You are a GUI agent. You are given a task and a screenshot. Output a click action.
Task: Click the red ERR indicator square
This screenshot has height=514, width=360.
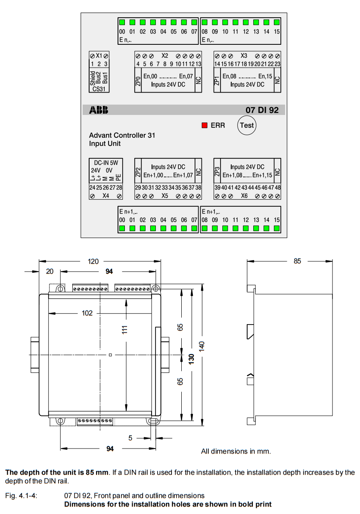(x=205, y=125)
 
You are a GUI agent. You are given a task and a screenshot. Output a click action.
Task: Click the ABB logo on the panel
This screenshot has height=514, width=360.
(x=99, y=110)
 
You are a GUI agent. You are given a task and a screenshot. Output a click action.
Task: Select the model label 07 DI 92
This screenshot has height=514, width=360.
(x=262, y=110)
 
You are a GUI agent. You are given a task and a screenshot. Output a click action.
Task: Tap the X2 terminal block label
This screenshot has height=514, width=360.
(x=164, y=56)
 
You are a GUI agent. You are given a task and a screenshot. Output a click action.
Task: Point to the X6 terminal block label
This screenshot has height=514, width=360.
(x=244, y=196)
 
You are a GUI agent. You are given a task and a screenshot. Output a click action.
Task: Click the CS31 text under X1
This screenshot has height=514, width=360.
(x=99, y=89)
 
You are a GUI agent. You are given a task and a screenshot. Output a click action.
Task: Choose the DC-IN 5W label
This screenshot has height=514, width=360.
(x=106, y=163)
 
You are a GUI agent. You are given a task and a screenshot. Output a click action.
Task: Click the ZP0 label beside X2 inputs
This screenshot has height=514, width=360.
(x=138, y=81)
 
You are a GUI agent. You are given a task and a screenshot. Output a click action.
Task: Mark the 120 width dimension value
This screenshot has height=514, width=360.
(x=93, y=261)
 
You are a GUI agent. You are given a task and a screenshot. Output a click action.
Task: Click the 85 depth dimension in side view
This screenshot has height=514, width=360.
(x=297, y=261)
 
